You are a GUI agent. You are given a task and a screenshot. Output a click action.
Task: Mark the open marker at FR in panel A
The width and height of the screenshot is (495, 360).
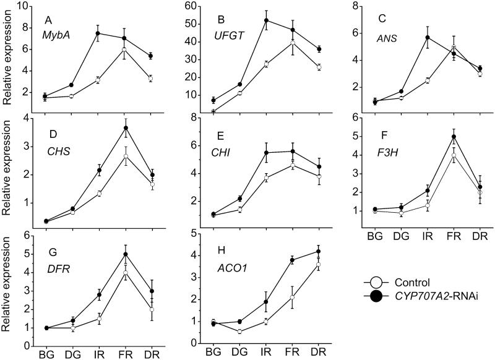[x=124, y=49]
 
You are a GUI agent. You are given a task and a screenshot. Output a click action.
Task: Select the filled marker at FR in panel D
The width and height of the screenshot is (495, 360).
[x=124, y=128]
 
